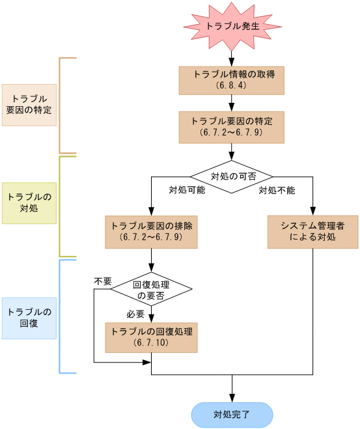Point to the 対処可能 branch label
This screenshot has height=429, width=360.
[x=187, y=190]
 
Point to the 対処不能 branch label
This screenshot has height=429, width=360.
[x=277, y=190]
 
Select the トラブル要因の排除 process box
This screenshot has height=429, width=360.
[x=152, y=231]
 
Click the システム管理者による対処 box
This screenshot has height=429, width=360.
[x=312, y=231]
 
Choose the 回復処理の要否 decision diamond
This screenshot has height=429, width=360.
[x=152, y=289]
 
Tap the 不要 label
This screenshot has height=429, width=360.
[x=103, y=281]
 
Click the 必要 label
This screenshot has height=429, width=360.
[x=135, y=314]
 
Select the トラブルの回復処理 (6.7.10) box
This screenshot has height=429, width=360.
[x=152, y=336]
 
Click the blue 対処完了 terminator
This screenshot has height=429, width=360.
[x=231, y=414]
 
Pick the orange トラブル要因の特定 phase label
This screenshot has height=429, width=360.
[x=29, y=104]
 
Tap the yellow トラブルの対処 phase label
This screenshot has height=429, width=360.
[x=29, y=202]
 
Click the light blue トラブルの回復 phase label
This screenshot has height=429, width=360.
[x=29, y=317]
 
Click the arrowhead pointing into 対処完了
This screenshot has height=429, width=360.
[x=231, y=398]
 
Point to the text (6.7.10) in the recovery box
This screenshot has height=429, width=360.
[x=152, y=342]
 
